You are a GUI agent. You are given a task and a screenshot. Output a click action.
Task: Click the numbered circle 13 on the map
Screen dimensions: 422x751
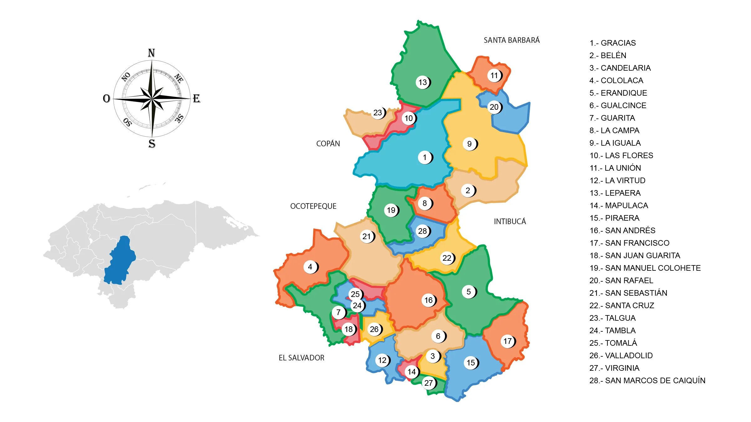423,83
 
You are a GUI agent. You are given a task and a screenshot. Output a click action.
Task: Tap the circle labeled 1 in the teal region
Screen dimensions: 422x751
425,158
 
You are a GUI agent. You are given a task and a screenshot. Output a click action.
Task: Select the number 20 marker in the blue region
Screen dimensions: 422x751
494,107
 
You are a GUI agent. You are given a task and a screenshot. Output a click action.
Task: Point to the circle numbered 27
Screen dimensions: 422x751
429,383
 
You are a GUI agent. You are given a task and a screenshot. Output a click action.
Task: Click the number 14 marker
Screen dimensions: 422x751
411,372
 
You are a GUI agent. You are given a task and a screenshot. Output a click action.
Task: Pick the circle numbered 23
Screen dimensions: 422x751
378,113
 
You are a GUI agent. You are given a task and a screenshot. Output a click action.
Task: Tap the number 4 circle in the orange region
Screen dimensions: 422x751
310,267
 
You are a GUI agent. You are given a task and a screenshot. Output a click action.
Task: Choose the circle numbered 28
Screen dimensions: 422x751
422,231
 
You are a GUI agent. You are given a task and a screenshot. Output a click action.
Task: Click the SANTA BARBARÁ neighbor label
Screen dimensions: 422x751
512,40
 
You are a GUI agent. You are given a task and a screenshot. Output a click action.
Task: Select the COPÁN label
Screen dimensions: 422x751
328,144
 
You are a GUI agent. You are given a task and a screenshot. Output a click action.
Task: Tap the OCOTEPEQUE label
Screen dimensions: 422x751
313,206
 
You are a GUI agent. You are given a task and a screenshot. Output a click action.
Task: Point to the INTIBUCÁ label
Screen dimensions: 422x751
510,222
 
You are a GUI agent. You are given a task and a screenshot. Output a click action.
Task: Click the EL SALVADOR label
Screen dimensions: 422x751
301,358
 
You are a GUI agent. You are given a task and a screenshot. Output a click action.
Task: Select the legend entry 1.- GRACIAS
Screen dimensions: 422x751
612,43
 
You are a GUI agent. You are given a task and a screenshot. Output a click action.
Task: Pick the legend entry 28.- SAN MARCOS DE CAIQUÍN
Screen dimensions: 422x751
647,381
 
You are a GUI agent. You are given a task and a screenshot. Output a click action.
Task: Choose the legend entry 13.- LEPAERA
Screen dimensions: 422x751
615,193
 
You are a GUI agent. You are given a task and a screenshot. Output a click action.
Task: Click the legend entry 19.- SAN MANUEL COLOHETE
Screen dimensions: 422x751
645,268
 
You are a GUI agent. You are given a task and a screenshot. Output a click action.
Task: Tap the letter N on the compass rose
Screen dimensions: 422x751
151,53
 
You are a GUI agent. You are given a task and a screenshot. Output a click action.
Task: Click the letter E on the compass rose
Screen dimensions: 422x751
197,99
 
